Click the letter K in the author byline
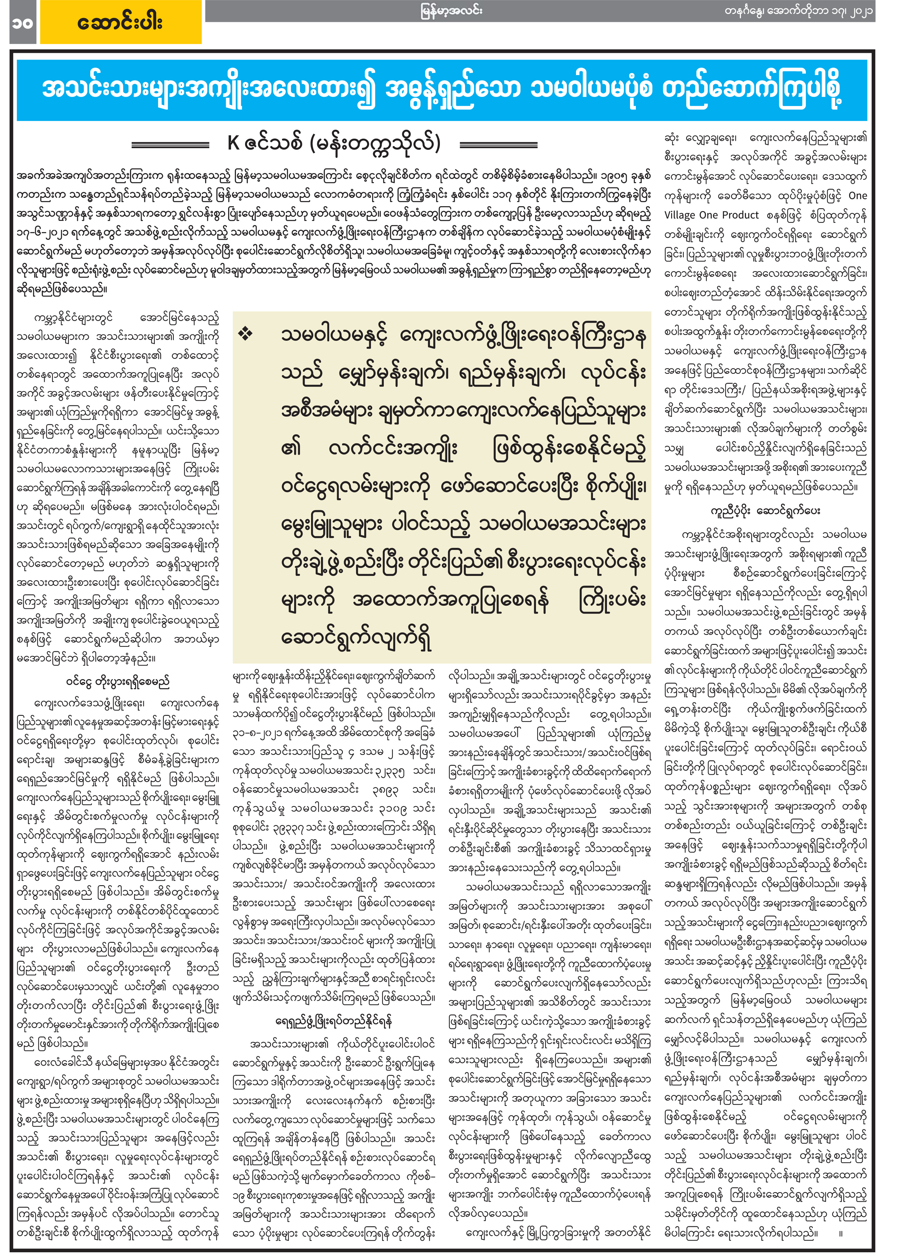click(x=233, y=143)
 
